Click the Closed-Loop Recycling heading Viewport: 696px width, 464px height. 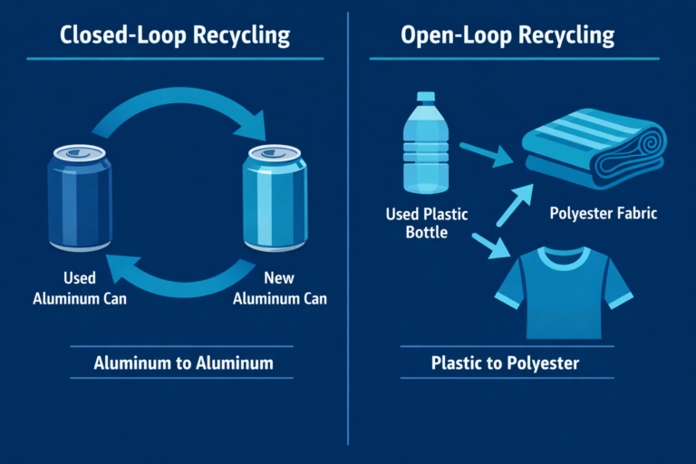click(175, 36)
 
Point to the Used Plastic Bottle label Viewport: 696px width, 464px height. click(425, 224)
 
